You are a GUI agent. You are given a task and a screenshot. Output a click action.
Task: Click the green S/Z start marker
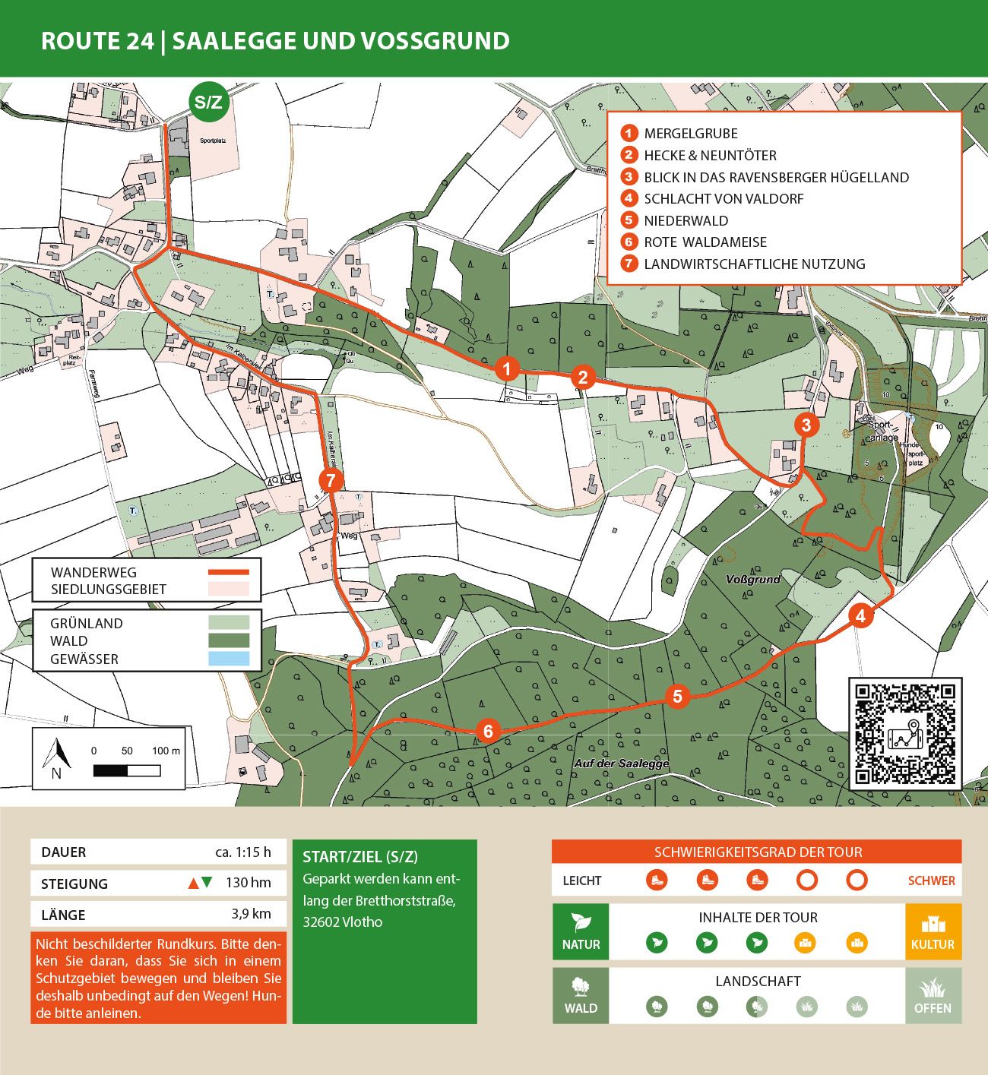(208, 103)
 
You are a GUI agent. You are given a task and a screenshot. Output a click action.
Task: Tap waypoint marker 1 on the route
(507, 369)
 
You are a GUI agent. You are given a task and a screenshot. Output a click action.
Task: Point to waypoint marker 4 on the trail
(860, 615)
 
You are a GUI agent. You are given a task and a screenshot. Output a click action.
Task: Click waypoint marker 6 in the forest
(488, 732)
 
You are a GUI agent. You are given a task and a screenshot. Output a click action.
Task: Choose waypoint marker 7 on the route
(331, 480)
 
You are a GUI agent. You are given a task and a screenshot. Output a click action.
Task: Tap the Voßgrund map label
(752, 580)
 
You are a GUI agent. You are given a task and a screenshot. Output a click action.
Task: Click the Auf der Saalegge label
(621, 763)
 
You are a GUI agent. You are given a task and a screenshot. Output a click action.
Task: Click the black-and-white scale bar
(127, 770)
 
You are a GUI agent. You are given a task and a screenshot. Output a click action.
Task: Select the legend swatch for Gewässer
(229, 659)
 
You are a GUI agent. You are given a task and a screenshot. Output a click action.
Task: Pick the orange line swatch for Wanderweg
(229, 572)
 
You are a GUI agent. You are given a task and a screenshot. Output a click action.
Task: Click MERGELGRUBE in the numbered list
(690, 134)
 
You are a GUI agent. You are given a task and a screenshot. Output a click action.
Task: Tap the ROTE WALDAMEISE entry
(705, 242)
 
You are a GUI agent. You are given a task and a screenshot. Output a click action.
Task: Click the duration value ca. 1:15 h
(242, 852)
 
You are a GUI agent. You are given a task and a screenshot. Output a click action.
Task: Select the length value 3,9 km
(251, 914)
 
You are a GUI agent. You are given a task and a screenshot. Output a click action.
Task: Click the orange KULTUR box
(933, 932)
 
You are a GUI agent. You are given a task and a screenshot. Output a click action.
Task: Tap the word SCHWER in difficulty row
(931, 881)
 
